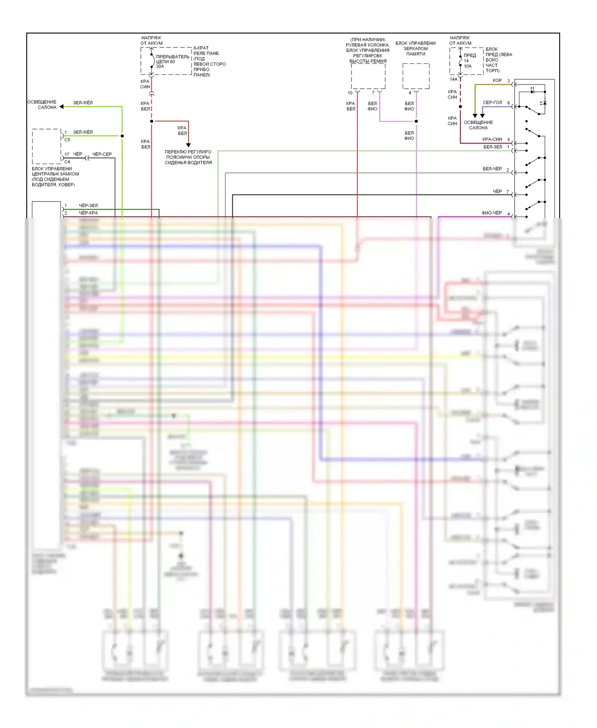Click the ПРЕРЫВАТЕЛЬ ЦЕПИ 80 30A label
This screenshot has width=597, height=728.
click(172, 61)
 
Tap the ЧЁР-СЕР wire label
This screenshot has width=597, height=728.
click(102, 154)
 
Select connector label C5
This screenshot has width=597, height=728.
click(67, 140)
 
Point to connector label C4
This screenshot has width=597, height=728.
click(67, 162)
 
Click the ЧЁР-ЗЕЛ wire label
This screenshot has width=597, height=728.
click(88, 205)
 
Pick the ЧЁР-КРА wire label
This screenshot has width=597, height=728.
click(88, 213)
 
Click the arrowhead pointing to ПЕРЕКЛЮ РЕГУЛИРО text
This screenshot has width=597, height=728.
click(188, 145)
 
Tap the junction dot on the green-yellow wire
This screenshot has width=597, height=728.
click(122, 136)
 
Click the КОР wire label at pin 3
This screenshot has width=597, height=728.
click(497, 80)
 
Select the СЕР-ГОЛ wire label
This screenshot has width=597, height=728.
click(492, 102)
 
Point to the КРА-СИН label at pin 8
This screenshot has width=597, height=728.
click(492, 139)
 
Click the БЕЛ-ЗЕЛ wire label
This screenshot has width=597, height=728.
click(492, 147)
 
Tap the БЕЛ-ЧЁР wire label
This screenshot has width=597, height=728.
click(492, 169)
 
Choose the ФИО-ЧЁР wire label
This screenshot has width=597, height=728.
click(492, 213)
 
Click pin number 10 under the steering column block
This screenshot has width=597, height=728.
click(350, 93)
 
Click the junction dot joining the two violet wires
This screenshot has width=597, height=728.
click(416, 121)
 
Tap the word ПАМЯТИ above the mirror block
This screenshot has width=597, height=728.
click(416, 54)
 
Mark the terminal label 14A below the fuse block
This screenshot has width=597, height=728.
click(453, 79)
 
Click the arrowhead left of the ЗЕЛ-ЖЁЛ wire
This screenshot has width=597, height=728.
click(61, 107)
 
